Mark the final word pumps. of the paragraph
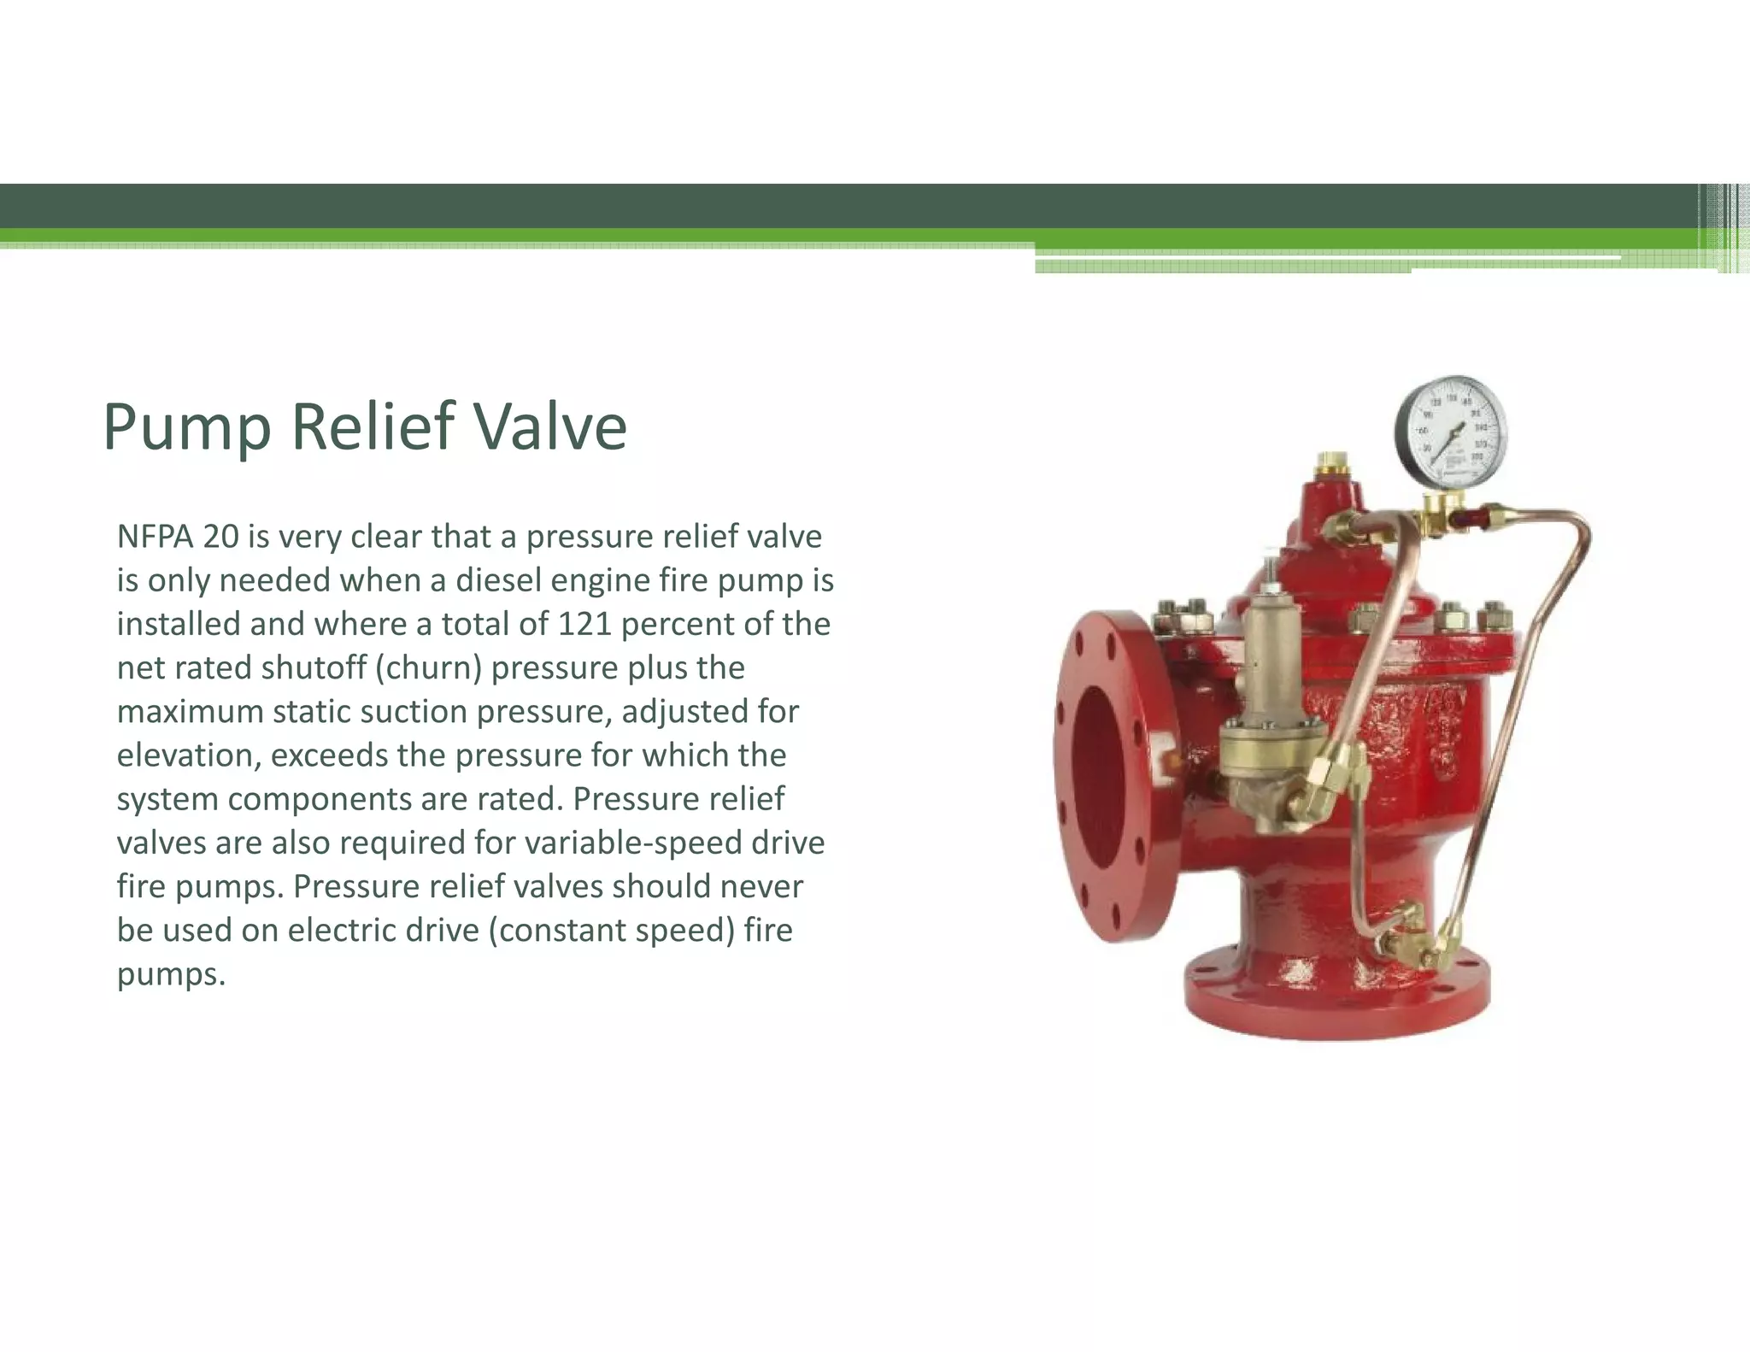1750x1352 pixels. tap(171, 974)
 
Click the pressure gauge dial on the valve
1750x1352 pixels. tap(1451, 432)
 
